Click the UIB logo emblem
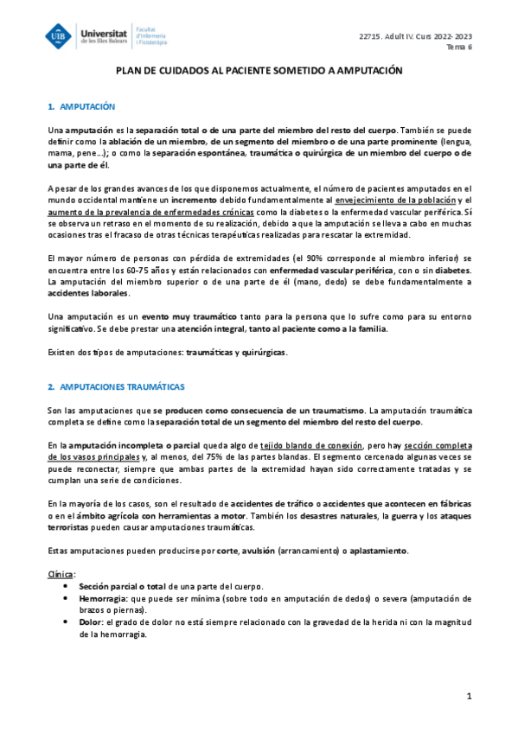click(61, 35)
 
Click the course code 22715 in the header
click(370, 35)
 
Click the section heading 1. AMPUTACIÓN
click(82, 106)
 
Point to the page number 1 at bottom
click(468, 696)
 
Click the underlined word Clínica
click(61, 572)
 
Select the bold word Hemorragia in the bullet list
click(102, 597)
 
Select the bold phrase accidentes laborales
click(85, 293)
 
